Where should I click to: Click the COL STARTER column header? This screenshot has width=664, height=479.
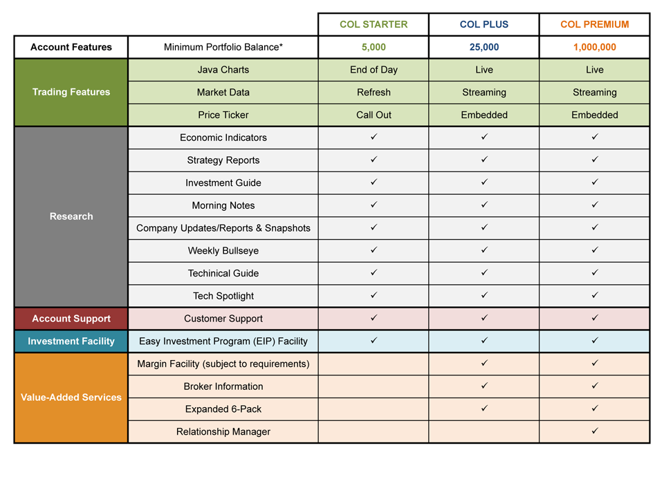373,24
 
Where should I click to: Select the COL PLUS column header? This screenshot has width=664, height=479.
484,24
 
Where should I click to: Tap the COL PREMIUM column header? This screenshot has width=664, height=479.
595,24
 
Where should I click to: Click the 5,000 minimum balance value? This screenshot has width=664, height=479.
373,47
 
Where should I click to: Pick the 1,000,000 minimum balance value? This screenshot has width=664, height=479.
595,47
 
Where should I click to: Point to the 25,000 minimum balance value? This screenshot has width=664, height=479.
484,47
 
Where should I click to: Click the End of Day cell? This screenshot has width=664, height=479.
373,70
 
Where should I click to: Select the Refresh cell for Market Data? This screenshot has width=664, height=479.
373,93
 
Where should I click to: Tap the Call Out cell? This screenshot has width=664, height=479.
373,115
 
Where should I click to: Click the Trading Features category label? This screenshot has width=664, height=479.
71,92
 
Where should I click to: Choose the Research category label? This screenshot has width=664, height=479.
71,216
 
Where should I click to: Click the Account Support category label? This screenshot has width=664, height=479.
71,319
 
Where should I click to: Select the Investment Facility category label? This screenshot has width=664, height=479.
71,341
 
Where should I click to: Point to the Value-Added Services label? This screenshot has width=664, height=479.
71,397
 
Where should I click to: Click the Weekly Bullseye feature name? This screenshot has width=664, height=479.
223,251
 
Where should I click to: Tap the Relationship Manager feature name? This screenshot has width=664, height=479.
223,432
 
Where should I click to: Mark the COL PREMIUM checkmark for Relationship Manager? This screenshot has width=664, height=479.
595,431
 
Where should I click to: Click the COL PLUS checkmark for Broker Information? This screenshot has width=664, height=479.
484,385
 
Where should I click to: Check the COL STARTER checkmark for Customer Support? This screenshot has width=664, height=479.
373,318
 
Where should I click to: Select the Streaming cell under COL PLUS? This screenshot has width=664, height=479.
484,93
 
